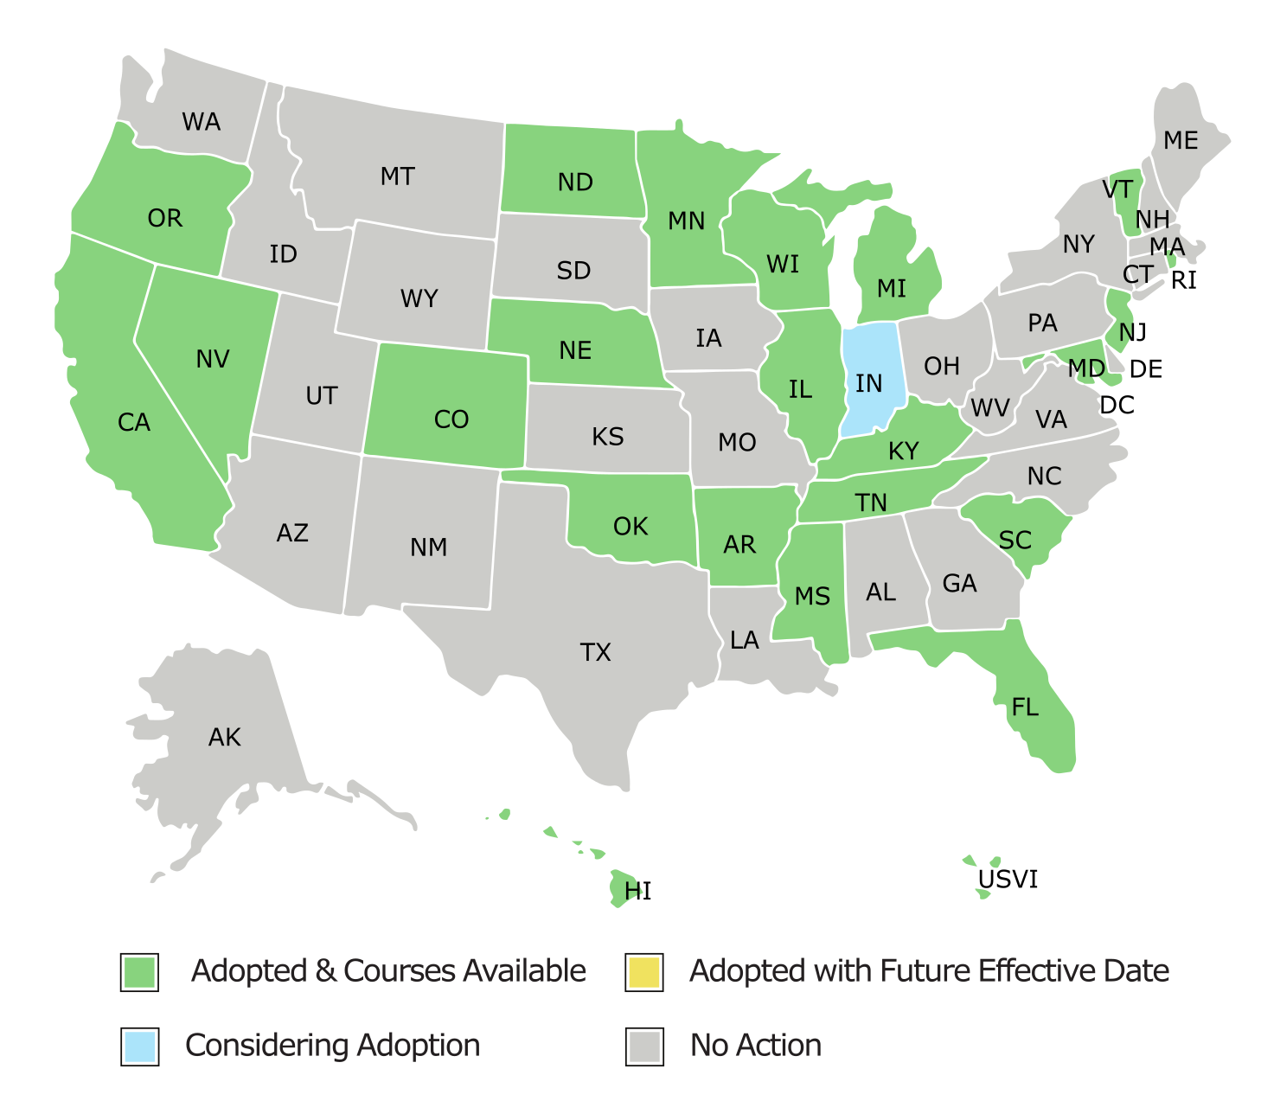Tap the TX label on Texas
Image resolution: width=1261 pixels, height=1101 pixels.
(595, 652)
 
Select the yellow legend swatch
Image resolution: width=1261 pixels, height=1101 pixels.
(643, 972)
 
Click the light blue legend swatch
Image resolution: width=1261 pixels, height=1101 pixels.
(139, 1047)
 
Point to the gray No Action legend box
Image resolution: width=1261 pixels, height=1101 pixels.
(643, 1047)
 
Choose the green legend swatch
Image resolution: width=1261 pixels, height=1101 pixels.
(139, 972)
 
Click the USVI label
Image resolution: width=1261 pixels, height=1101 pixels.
(1008, 880)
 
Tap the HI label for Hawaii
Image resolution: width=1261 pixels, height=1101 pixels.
(637, 891)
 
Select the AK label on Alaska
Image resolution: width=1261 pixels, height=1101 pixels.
(224, 738)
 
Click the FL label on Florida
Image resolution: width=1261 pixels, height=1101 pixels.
(1025, 707)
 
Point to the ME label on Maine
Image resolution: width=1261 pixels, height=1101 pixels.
(1181, 140)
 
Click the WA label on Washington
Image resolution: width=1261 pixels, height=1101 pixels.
(201, 122)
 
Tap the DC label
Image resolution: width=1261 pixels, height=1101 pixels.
(1117, 405)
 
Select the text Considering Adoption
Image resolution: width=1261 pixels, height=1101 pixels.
(332, 1046)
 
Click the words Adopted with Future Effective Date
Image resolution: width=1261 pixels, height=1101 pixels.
(929, 971)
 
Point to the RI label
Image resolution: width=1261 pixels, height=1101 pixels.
(1183, 281)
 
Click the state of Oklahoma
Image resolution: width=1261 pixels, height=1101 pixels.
(630, 528)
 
